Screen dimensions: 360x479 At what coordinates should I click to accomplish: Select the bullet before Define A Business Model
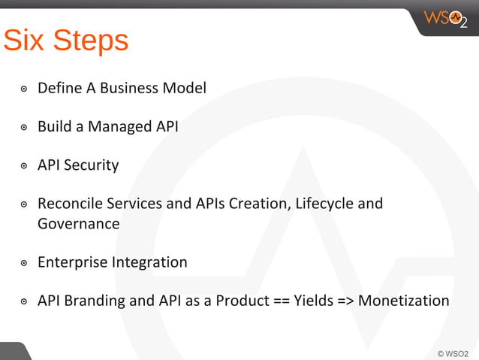[24, 89]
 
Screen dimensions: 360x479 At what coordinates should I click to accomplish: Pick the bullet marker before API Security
[24, 165]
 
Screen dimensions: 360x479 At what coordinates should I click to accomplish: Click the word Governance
[78, 223]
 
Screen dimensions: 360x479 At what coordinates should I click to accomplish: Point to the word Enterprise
[72, 262]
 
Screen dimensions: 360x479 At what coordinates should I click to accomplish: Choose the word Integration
[149, 262]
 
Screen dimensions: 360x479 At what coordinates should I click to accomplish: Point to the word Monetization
[404, 301]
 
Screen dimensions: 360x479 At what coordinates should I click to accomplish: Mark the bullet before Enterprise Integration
[24, 263]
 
